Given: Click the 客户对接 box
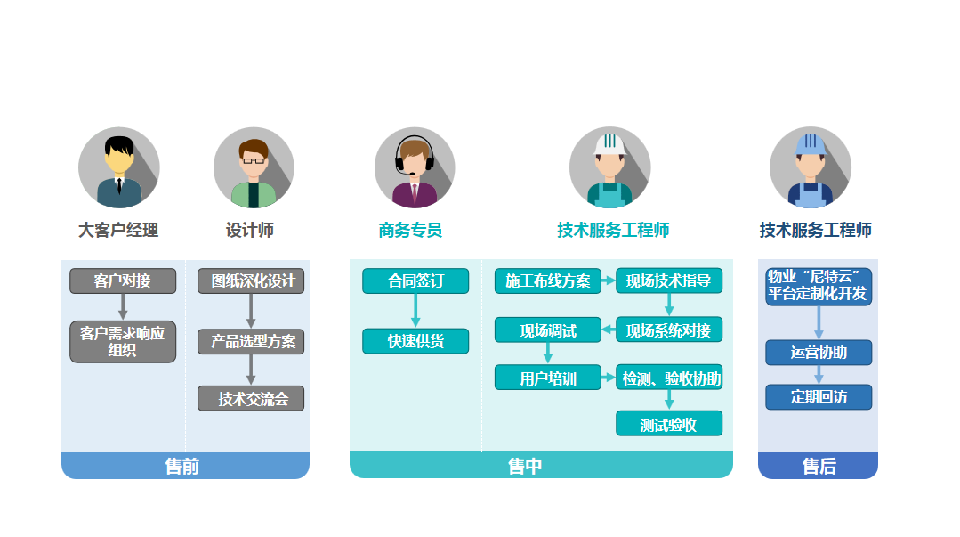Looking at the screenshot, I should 123,281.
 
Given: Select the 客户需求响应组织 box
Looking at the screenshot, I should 123,341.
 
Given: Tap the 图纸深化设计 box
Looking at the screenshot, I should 251,281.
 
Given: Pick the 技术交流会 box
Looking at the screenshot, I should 251,399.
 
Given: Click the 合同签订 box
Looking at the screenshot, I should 415,281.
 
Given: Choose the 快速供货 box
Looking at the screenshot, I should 415,341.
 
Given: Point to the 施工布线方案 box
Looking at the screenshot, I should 548,281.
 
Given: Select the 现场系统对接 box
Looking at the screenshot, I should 669,330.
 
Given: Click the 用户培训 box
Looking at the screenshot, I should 548,378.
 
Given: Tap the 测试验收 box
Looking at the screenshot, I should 669,425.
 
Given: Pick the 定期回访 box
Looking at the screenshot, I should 819,397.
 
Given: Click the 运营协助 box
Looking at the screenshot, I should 819,353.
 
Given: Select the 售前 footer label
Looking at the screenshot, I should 182,466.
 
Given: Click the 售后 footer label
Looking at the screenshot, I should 819,466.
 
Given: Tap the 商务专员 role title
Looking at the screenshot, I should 410,231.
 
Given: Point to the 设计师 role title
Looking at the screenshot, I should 250,231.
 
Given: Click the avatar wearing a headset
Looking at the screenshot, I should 415,167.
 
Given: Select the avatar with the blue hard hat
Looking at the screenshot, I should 810,167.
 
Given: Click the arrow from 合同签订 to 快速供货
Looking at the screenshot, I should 415,311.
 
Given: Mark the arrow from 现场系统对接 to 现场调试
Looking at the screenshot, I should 609,330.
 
